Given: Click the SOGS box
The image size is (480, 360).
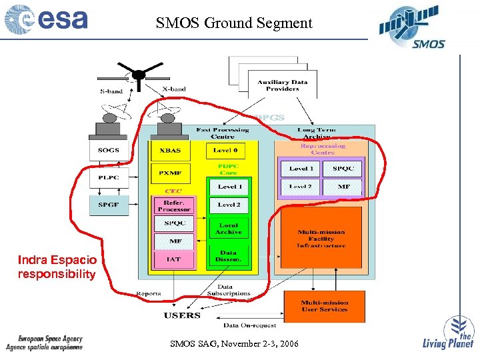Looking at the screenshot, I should (x=109, y=150).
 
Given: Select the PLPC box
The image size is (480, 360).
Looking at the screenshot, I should (x=109, y=178).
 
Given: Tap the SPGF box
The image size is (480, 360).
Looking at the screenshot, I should (x=109, y=205).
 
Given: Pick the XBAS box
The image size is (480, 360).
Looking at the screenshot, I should (x=170, y=151).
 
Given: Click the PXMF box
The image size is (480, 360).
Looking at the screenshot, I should (x=170, y=173).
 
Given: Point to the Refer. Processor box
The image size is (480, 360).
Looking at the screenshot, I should (x=173, y=205).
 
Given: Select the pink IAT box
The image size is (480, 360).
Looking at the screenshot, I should (x=173, y=259).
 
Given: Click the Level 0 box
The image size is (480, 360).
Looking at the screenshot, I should (x=229, y=151).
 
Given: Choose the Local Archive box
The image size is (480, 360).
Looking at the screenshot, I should (x=229, y=229).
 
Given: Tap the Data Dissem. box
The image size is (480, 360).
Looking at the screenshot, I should (x=229, y=256).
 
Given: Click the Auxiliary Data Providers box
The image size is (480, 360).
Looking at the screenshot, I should (x=283, y=85).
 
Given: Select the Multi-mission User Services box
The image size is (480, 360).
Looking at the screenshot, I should (x=324, y=306).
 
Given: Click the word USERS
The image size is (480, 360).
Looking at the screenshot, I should (x=182, y=315).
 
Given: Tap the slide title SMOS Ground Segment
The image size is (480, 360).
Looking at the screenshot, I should (x=234, y=23).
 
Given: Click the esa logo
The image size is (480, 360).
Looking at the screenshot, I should (x=47, y=19).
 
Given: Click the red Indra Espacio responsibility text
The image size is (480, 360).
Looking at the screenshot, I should (x=57, y=267).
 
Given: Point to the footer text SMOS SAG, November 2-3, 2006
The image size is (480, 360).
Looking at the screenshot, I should (x=235, y=344).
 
